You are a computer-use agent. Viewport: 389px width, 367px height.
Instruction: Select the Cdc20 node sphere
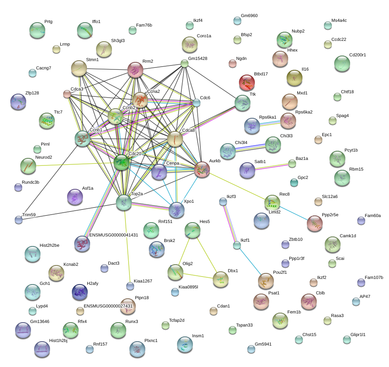121,162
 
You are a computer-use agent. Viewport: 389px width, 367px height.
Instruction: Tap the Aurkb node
202,169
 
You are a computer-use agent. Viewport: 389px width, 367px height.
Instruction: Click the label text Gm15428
198,58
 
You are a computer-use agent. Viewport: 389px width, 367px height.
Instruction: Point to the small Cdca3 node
67,94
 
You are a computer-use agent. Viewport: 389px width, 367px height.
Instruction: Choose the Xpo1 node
176,209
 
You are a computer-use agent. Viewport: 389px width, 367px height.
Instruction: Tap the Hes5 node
193,229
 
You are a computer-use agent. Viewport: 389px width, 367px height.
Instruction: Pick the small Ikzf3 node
223,202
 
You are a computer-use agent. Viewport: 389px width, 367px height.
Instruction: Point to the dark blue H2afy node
79,292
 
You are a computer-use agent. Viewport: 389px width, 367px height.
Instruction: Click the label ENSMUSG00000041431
114,235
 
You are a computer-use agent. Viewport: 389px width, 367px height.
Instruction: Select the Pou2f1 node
266,281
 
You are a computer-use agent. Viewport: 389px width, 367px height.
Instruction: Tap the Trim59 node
18,219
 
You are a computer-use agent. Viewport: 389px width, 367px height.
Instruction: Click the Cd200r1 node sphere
342,63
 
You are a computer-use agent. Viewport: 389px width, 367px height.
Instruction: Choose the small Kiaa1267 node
130,286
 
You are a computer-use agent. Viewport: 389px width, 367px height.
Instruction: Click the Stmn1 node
79,68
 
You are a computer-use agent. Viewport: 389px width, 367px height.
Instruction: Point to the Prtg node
37,30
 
